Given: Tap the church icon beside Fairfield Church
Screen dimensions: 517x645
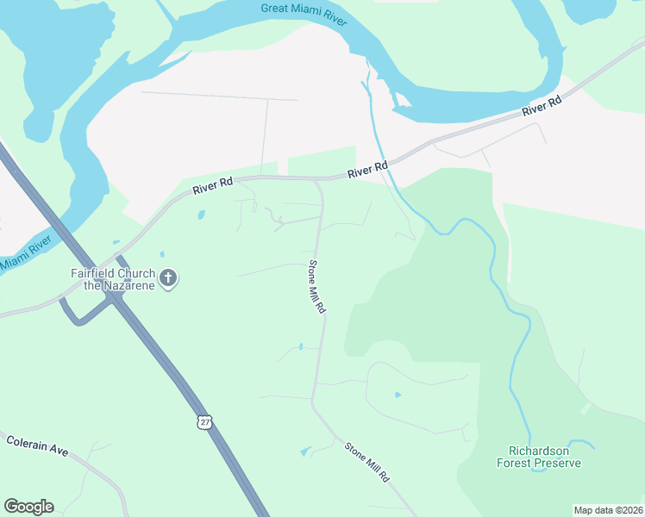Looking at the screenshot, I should click(168, 277).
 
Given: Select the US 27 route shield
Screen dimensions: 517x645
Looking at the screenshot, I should click(204, 420).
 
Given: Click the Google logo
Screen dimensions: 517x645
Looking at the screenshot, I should click(28, 507).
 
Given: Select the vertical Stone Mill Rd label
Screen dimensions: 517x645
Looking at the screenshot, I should click(317, 286).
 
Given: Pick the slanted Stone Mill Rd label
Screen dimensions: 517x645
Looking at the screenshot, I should click(367, 462).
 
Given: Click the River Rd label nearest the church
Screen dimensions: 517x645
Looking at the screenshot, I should click(213, 186).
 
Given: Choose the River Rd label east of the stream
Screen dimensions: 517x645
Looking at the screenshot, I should click(542, 108).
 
